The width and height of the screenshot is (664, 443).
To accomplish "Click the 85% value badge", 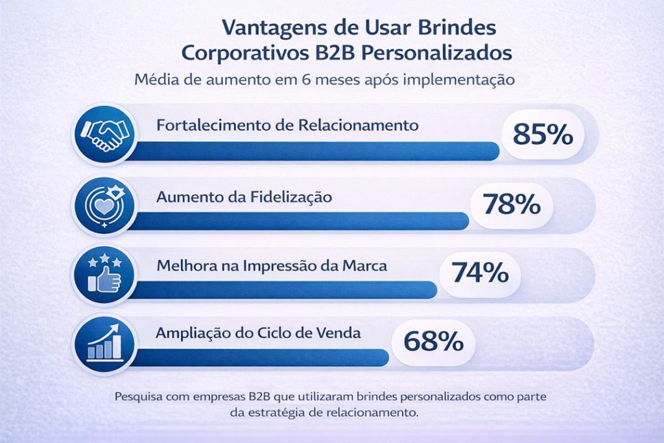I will (543, 135).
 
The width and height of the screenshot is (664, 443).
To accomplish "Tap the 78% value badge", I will (511, 205).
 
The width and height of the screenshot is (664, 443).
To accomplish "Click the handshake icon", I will (102, 135).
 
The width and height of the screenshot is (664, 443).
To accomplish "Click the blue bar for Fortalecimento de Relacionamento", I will (311, 151).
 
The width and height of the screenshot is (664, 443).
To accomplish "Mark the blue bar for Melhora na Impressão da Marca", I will (279, 289).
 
